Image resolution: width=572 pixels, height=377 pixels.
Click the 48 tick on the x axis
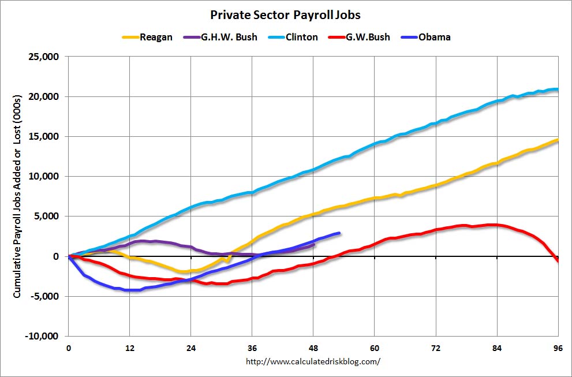pos(313,348)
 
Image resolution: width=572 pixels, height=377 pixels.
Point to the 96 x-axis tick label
pos(558,348)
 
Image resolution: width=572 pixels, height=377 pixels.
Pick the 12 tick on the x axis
pos(129,348)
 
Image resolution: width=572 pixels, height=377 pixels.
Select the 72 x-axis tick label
pos(436,348)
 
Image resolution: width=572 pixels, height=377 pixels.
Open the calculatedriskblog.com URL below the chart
pos(313,362)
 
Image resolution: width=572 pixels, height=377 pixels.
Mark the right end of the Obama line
pos(339,233)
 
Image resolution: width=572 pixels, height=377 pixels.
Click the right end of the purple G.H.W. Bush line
pos(314,245)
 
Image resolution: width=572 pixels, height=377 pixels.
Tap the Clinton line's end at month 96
pos(557,89)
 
